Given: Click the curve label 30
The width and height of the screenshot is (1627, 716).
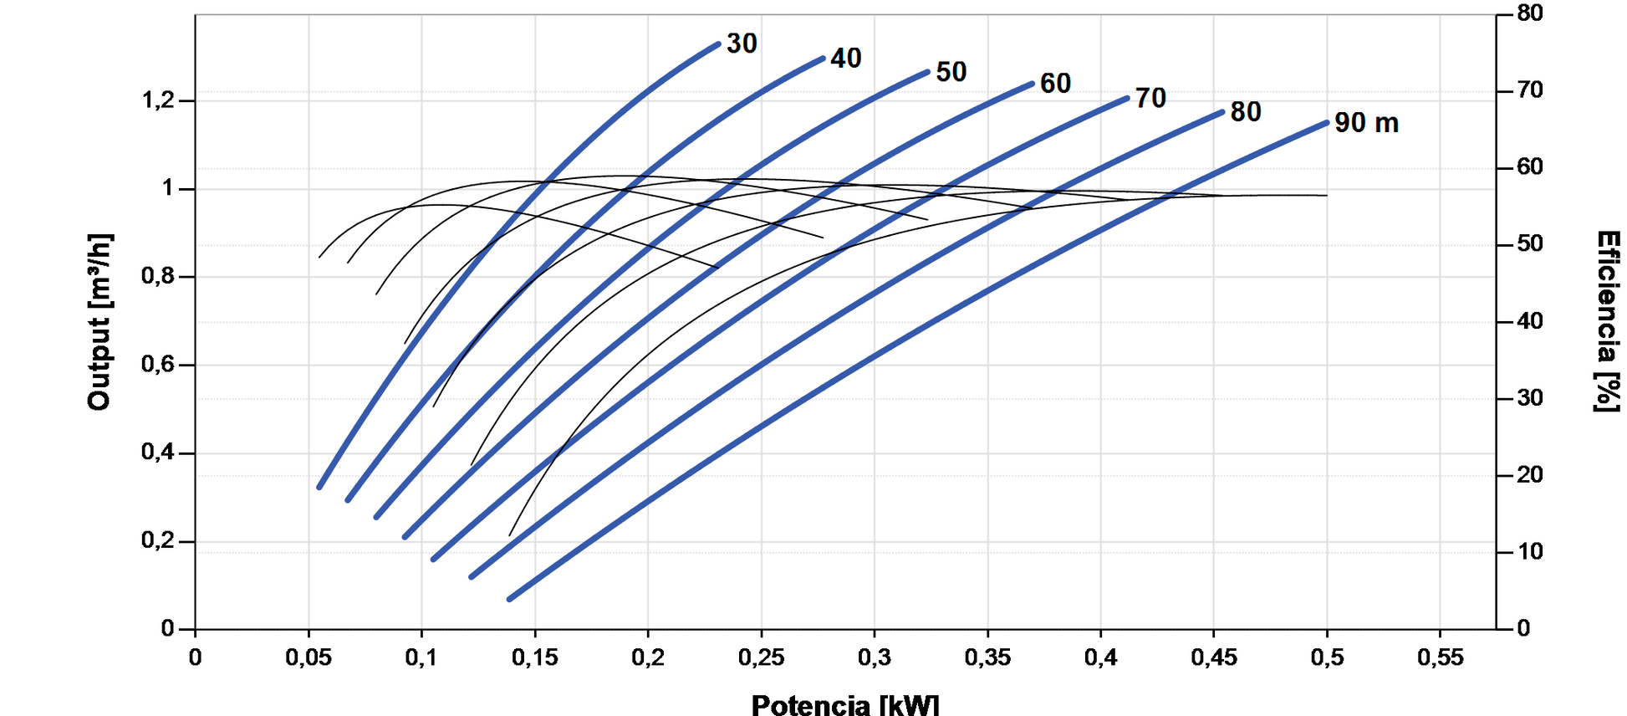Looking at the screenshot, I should coord(742,43).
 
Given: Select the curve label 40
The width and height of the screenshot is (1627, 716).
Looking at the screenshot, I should coord(845,59).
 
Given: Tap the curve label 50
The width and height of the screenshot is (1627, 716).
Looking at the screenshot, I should coord(951,72).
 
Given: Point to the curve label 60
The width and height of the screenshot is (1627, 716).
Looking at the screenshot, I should coord(1055,84).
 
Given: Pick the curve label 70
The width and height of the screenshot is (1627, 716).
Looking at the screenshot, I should coord(1150,98).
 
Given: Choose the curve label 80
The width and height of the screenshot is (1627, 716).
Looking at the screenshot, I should coord(1245,111).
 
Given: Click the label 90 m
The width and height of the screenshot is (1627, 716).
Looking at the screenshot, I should coord(1365,123).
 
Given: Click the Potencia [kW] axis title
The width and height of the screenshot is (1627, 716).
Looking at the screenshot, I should coord(844,704).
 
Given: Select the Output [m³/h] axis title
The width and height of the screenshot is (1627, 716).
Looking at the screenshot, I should coord(99,322).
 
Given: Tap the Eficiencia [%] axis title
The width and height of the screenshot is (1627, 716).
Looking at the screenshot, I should coord(1607,321).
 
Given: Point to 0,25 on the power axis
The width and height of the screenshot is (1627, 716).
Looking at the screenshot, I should coord(761,657).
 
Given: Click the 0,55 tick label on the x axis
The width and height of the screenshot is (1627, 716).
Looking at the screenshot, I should coord(1440,657).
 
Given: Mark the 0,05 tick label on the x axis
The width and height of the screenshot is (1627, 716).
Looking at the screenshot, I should coord(309,657).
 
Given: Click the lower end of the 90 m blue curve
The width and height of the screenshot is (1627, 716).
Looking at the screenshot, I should coord(510,599).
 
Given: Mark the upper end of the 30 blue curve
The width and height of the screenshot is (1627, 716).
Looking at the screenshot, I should coord(718,44).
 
